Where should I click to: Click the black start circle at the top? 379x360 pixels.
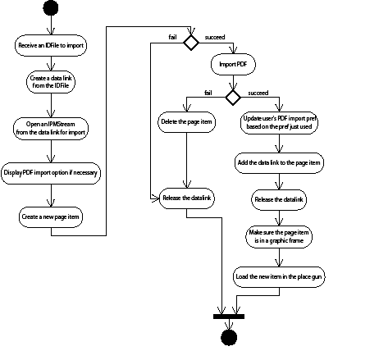pyautogui.click(x=51, y=9)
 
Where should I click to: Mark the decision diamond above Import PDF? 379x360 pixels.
pyautogui.click(x=190, y=42)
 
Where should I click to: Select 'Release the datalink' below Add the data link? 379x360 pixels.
pyautogui.click(x=279, y=198)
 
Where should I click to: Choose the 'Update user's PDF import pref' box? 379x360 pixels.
pyautogui.click(x=279, y=123)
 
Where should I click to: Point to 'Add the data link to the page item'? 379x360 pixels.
pyautogui.click(x=279, y=162)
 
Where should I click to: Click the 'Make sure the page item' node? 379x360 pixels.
pyautogui.click(x=279, y=237)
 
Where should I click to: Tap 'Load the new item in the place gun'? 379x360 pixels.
pyautogui.click(x=279, y=276)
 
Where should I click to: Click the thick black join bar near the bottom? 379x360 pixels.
pyautogui.click(x=229, y=316)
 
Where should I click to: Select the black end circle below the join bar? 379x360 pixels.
pyautogui.click(x=229, y=339)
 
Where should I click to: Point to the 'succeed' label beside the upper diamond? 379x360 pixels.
pyautogui.click(x=215, y=37)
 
